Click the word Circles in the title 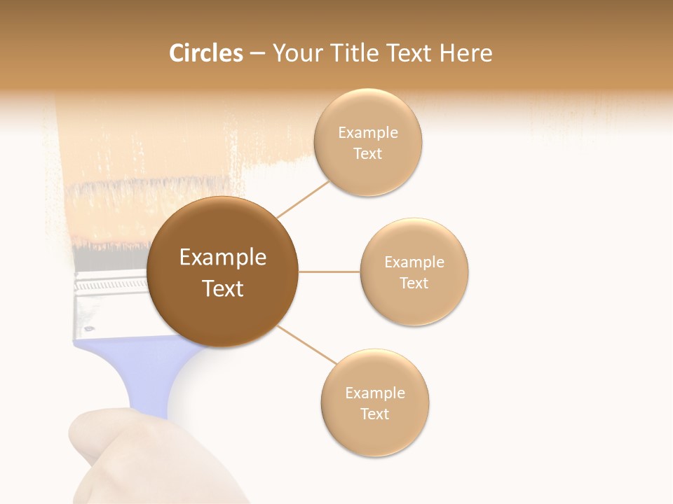coord(205,53)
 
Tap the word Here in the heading coord(465,53)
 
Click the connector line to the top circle coord(303,199)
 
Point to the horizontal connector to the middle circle coord(329,272)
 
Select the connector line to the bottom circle coord(306,345)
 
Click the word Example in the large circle coord(223,258)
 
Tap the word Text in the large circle coord(223,288)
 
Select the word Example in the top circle coord(367,133)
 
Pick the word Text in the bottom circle coord(374,414)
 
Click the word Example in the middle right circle coord(414,262)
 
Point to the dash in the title coord(257,54)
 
